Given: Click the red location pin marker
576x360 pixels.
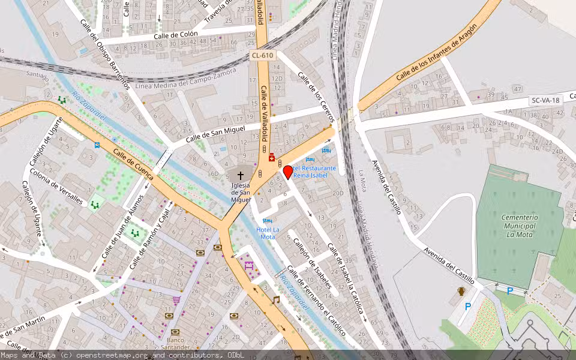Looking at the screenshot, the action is (288, 172).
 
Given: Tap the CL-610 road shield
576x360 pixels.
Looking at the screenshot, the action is (263, 55).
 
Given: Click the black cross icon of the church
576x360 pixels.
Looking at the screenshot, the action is (241, 176).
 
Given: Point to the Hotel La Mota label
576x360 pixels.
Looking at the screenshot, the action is (268, 233).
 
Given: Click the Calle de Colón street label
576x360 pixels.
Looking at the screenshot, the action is (175, 35).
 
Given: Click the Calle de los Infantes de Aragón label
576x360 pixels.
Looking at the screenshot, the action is (436, 53).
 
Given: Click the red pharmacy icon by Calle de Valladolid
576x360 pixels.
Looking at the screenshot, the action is (272, 158).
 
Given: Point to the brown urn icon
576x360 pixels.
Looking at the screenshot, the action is (461, 292).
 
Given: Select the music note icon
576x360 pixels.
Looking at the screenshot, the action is (276, 299).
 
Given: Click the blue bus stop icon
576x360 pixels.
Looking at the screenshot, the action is (97, 145).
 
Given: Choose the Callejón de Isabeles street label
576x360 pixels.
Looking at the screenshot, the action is (312, 263).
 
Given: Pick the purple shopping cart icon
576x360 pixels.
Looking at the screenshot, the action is (176, 300).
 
